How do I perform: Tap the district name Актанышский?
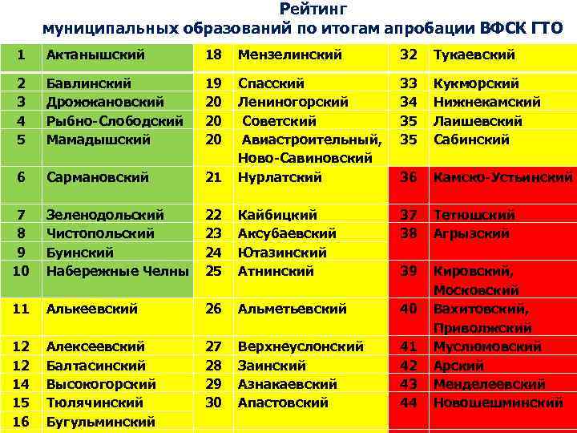coord(95,55)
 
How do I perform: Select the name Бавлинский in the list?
coord(89,83)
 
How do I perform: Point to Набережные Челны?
coord(117,271)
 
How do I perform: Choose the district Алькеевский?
coord(92,308)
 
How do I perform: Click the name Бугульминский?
coord(101,421)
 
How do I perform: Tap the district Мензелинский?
coord(290,55)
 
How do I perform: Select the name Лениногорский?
coord(293,103)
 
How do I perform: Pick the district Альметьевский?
coord(293,308)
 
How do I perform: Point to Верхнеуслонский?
coord(301,346)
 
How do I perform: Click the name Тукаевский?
coord(474,55)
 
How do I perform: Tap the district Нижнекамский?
coord(487,103)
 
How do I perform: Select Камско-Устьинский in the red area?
coord(502,177)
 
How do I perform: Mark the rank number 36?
coord(409,177)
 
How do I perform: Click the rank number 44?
coord(409,403)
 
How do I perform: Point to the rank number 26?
coord(214,308)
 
